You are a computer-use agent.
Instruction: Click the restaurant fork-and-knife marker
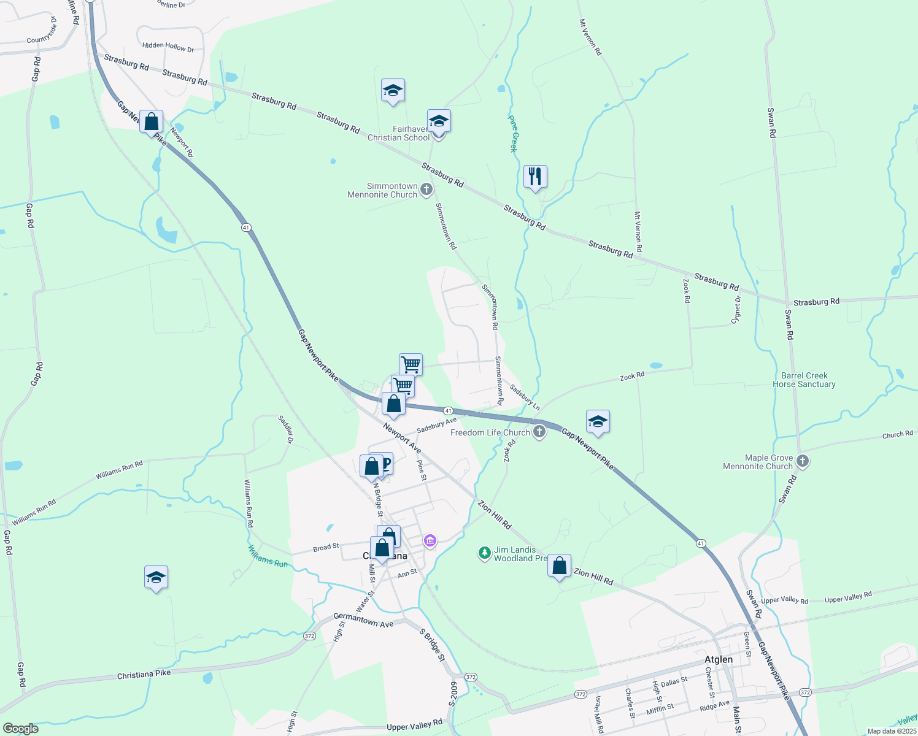click(x=535, y=177)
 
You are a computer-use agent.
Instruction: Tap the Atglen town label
click(x=718, y=659)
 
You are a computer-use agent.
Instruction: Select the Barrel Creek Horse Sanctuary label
click(x=804, y=380)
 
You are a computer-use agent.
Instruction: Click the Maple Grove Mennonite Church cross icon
click(x=803, y=461)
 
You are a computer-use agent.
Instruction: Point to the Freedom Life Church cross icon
click(x=539, y=432)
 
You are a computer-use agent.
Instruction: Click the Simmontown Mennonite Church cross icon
click(x=426, y=190)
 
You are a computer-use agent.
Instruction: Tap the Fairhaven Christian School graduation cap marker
click(x=439, y=121)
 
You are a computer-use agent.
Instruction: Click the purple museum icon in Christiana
click(x=430, y=541)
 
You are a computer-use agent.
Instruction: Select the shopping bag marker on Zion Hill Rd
click(x=559, y=566)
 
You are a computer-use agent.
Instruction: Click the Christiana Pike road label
click(x=144, y=674)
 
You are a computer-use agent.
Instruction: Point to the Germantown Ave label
click(x=363, y=620)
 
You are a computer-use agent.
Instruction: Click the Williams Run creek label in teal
click(x=268, y=556)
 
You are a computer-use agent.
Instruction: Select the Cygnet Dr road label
click(x=736, y=309)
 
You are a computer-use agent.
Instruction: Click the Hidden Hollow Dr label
click(x=168, y=47)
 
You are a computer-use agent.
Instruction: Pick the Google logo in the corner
click(x=21, y=728)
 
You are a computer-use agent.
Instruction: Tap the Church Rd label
click(x=897, y=435)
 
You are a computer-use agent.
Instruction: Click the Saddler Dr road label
click(x=286, y=429)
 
